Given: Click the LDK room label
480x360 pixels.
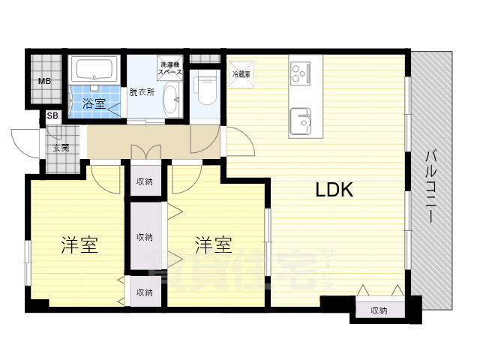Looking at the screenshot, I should coord(334,190).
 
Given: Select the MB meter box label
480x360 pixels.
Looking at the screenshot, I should coord(44,82).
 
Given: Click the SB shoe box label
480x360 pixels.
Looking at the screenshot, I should coord(52,115).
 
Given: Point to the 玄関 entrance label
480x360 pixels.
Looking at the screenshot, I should coord(61,148).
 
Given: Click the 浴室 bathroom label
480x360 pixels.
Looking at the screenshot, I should coord(94,104).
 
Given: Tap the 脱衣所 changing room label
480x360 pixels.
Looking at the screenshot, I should coord(141,92).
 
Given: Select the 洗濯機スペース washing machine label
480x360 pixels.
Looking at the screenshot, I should coord(170,70).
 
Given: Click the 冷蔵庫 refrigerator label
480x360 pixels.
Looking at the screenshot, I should coord(241,74).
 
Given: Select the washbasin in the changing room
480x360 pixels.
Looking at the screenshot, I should coord(172,99).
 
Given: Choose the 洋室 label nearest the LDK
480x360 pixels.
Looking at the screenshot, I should coord(214,244).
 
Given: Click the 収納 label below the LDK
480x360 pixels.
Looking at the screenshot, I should coord(378,310).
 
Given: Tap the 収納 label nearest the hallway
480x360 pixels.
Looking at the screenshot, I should coord(145,181).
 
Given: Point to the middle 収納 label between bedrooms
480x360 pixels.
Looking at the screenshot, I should coord(145,237).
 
